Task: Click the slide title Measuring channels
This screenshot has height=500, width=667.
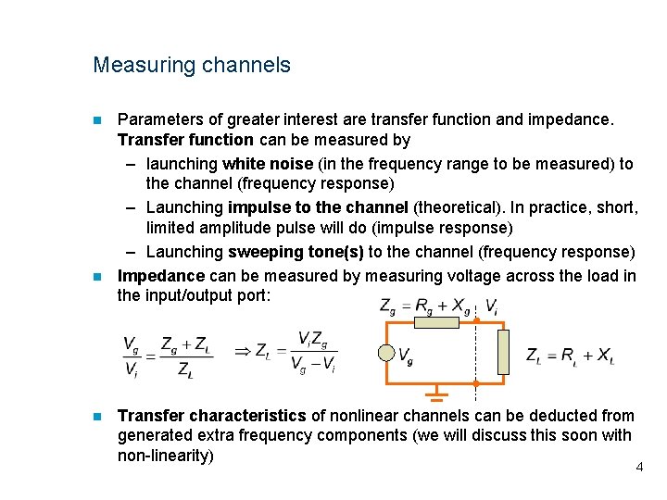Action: click(x=191, y=66)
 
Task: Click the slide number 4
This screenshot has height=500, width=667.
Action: click(x=639, y=468)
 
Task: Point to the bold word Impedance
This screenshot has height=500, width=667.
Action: click(x=161, y=276)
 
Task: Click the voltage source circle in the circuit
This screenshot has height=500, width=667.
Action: click(x=387, y=353)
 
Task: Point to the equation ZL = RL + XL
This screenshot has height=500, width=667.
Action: click(x=569, y=356)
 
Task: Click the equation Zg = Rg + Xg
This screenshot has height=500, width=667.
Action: click(x=425, y=305)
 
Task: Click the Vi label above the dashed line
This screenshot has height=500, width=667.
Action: click(x=492, y=305)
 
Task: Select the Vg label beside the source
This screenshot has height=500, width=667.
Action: click(x=406, y=354)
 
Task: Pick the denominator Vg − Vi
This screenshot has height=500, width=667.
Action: click(x=313, y=368)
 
